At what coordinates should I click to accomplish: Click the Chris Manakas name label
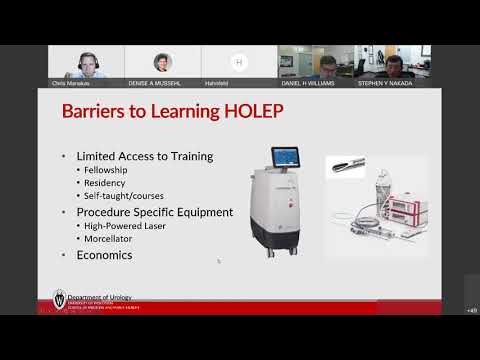[72, 83]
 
